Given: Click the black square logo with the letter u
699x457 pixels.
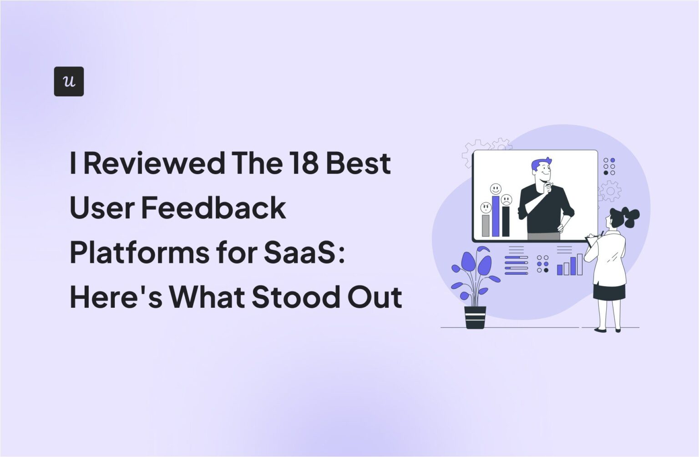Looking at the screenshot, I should click(x=69, y=81).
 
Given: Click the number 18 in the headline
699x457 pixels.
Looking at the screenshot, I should click(x=303, y=163).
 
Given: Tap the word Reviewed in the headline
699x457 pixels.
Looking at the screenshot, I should click(x=154, y=163).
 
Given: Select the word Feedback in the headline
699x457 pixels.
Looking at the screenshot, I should click(x=213, y=207).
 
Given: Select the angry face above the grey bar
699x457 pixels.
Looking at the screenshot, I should click(x=486, y=208).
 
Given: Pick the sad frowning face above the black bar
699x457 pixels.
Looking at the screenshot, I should click(x=506, y=200).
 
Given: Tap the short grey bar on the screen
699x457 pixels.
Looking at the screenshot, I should click(x=486, y=226).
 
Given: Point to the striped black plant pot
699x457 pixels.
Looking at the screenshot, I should click(x=475, y=317).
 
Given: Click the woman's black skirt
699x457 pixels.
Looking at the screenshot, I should click(x=609, y=291).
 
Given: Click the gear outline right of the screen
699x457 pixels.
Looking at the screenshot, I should click(x=610, y=191).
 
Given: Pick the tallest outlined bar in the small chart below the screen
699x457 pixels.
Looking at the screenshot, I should click(x=579, y=264).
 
